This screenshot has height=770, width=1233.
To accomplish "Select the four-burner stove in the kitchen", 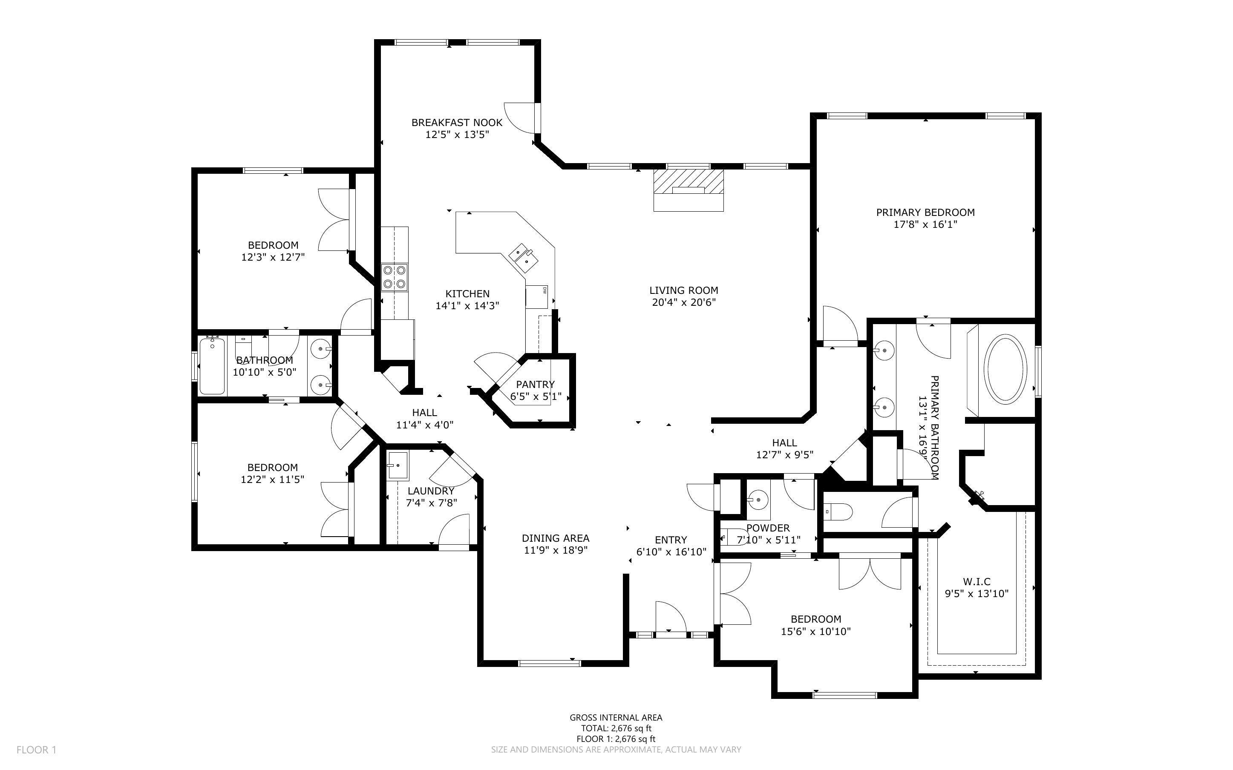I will click(x=395, y=277).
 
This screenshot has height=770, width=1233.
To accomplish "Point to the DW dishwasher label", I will click(x=544, y=291).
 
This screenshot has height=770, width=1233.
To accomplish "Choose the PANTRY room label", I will click(x=535, y=385).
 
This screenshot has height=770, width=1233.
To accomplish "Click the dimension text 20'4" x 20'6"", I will click(x=683, y=302).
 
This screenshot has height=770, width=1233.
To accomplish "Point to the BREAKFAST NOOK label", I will click(x=457, y=122).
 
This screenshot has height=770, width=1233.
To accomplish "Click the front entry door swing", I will click(x=670, y=618).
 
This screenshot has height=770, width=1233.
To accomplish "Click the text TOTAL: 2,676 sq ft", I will click(x=616, y=728).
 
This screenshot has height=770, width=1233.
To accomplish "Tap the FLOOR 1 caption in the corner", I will click(x=36, y=750).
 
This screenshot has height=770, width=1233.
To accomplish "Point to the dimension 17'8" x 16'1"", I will click(x=925, y=224).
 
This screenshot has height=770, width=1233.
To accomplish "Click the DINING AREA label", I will click(x=555, y=538).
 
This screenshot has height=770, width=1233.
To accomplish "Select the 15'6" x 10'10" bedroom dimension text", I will click(x=815, y=632).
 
